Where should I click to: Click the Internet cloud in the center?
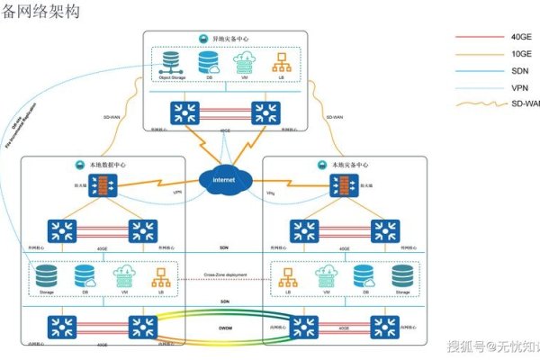click(224, 180)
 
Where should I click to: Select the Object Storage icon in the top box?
click(171, 63)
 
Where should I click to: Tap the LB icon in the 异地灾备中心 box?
click(280, 63)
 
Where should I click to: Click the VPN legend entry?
click(499, 87)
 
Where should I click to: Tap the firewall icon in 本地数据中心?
click(102, 187)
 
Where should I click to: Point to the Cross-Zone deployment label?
click(224, 274)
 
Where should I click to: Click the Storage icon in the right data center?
click(401, 276)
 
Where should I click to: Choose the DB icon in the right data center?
click(364, 276)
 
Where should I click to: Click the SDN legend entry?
click(499, 71)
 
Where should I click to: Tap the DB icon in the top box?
click(209, 63)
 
